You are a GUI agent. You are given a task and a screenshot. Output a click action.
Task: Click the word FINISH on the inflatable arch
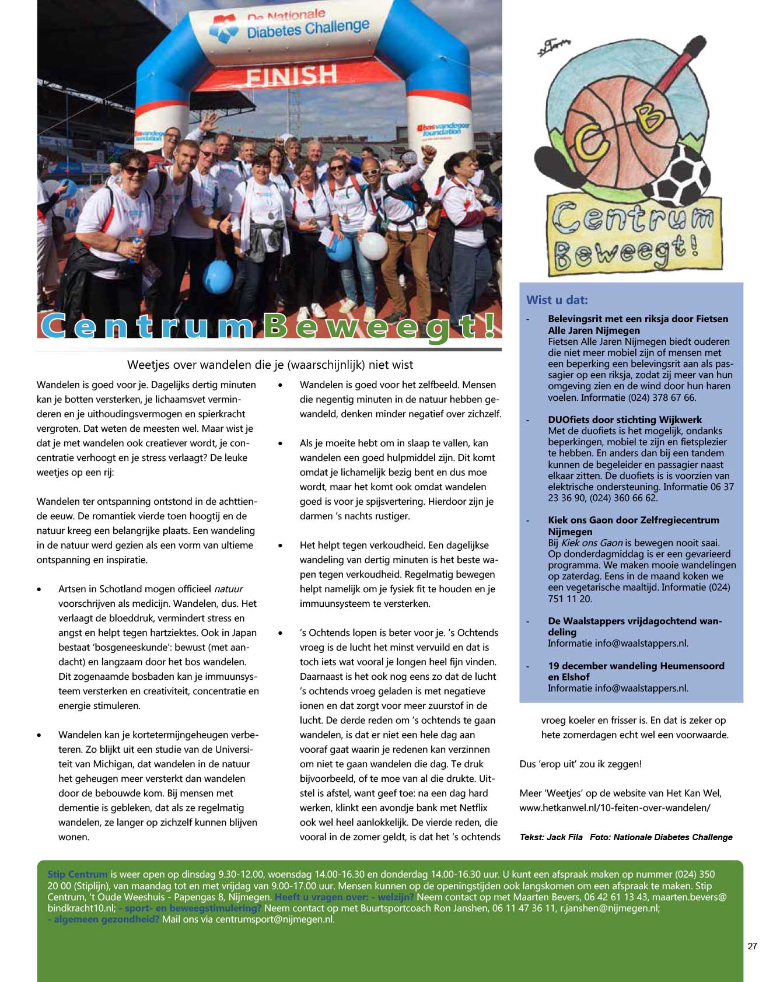click(291, 76)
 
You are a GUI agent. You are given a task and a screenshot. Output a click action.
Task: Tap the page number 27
click(752, 946)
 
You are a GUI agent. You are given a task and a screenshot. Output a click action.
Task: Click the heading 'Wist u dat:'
click(557, 300)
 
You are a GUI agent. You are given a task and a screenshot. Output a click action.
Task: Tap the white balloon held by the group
click(373, 246)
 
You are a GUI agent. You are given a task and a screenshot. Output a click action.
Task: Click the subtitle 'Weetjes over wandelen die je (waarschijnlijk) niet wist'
click(270, 365)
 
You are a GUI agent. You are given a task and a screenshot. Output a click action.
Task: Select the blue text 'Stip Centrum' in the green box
click(78, 874)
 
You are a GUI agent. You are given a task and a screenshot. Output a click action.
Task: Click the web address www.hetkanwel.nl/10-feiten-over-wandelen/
click(615, 808)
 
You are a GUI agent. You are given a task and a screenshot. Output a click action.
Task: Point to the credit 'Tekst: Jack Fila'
click(551, 837)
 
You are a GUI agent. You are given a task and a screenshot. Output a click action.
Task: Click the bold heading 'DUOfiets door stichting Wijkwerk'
click(624, 420)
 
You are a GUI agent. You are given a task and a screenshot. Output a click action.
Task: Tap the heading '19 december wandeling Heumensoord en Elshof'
click(635, 671)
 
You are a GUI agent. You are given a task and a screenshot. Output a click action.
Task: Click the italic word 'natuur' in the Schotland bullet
click(228, 589)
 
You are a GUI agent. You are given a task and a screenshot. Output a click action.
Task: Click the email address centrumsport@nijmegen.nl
click(274, 919)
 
